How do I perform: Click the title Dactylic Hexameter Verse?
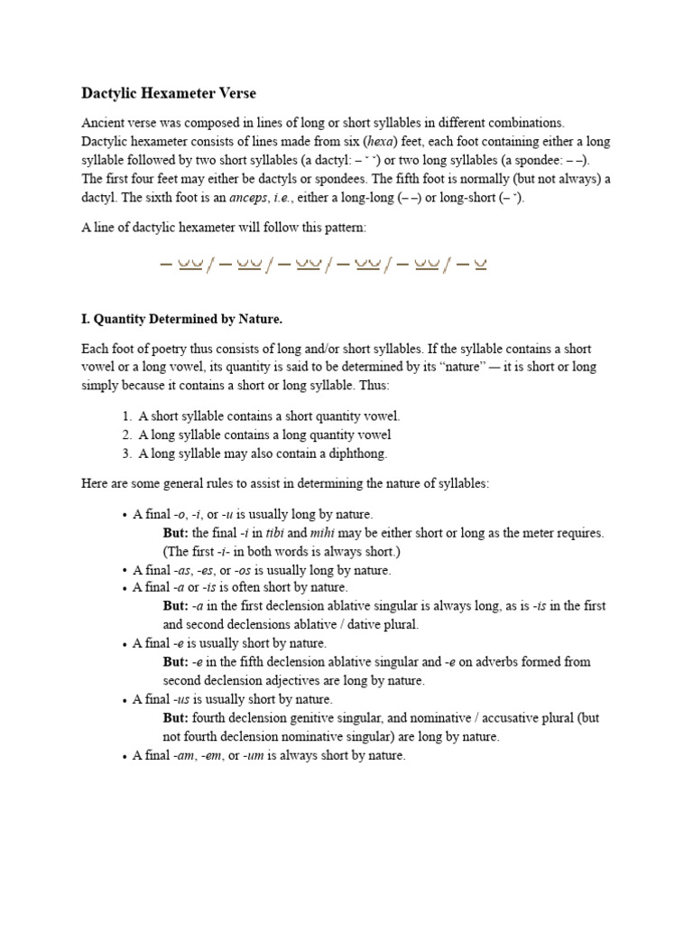tap(169, 93)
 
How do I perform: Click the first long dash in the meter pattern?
tap(165, 265)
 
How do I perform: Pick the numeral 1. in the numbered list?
tap(126, 416)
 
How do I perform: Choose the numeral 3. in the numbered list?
tap(126, 453)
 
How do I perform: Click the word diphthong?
tap(360, 453)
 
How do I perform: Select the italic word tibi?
tap(274, 533)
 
